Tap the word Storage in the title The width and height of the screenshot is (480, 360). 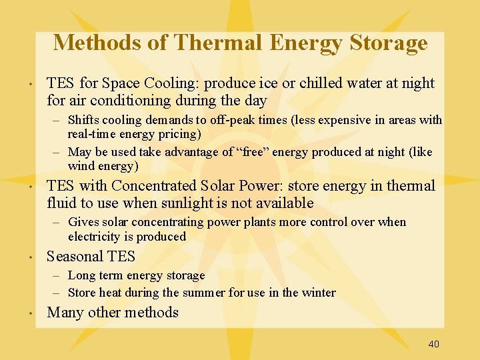click(388, 43)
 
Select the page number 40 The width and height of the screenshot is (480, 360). click(433, 344)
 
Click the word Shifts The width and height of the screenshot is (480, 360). click(83, 120)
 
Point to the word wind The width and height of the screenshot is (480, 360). click(81, 166)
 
